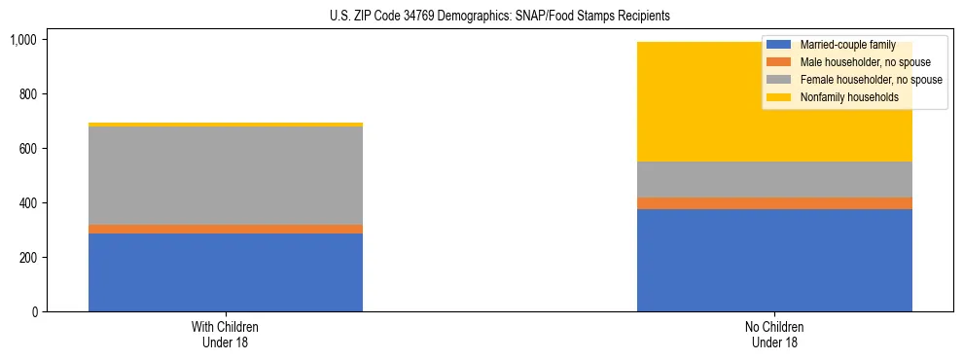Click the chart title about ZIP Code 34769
[481, 17]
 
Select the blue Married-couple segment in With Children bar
[226, 272]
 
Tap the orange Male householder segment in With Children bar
[226, 229]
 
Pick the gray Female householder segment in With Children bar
[226, 175]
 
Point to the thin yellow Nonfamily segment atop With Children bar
[226, 125]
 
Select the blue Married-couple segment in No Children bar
[774, 261]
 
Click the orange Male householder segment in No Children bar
[774, 203]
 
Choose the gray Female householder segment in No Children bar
[774, 179]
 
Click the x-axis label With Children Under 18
[226, 334]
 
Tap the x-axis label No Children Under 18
[774, 334]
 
